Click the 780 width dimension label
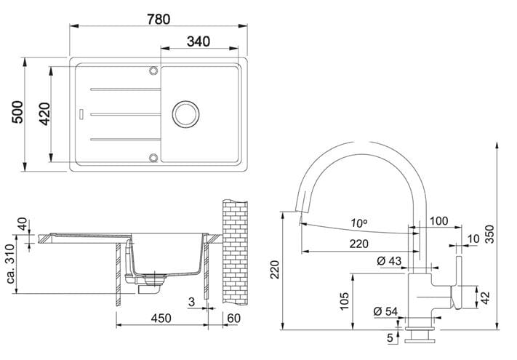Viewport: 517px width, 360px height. [x=159, y=19]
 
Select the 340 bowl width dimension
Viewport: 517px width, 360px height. [x=199, y=41]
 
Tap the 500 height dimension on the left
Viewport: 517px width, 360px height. [x=17, y=112]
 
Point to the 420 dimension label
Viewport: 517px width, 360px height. [x=45, y=114]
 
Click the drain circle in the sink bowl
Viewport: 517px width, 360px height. [x=185, y=114]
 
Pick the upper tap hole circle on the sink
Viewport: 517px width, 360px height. [x=153, y=71]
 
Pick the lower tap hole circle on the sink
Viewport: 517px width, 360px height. [x=153, y=158]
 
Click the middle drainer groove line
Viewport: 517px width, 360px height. [x=125, y=114]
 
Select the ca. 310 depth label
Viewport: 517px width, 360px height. [x=11, y=264]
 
